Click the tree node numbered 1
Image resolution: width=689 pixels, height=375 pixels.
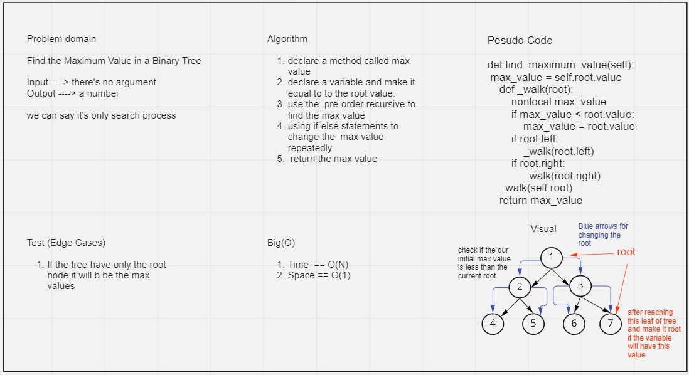pos(551,258)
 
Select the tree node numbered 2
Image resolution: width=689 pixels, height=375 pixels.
pos(520,287)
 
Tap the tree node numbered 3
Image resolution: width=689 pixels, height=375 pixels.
pos(580,286)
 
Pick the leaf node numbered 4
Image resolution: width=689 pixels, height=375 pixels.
pos(493,324)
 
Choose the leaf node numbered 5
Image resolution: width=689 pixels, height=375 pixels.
pos(533,324)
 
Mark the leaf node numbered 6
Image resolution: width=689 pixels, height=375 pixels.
pos(574,324)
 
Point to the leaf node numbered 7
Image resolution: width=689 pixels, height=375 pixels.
pos(611,324)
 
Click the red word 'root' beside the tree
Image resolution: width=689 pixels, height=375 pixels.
pos(626,252)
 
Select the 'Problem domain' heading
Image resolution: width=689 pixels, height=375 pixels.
pos(61,39)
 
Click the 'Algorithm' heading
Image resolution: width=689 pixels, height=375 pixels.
pos(287,39)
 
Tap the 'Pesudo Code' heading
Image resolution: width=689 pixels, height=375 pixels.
pos(520,40)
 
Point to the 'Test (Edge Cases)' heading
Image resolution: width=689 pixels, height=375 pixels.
pos(66,243)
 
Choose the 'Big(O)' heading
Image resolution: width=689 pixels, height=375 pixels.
pos(281,243)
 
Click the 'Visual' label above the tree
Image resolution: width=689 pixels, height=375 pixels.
pos(543,229)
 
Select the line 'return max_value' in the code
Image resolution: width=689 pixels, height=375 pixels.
pos(540,201)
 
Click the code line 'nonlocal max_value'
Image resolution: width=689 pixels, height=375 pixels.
pos(558,102)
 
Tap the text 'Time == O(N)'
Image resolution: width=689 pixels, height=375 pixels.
pos(318,265)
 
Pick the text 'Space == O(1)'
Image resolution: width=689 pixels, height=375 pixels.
pos(319,275)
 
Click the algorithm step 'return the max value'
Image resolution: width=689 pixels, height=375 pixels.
pos(333,159)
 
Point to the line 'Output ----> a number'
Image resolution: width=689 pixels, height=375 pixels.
pos(73,93)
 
